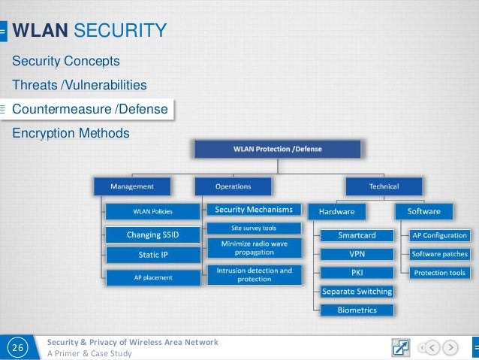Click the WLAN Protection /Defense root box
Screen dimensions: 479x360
point(268,149)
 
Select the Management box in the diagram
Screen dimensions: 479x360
point(132,186)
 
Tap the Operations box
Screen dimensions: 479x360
point(233,186)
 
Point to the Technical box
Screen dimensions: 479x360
point(384,186)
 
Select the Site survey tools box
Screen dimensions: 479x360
point(253,228)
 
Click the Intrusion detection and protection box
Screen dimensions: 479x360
point(254,274)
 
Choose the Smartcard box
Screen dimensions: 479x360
point(357,235)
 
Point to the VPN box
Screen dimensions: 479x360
point(357,253)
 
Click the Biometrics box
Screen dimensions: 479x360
point(357,310)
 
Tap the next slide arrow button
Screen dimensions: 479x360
point(450,348)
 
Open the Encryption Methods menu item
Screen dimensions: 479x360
point(71,133)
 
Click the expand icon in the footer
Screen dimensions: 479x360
point(401,348)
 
